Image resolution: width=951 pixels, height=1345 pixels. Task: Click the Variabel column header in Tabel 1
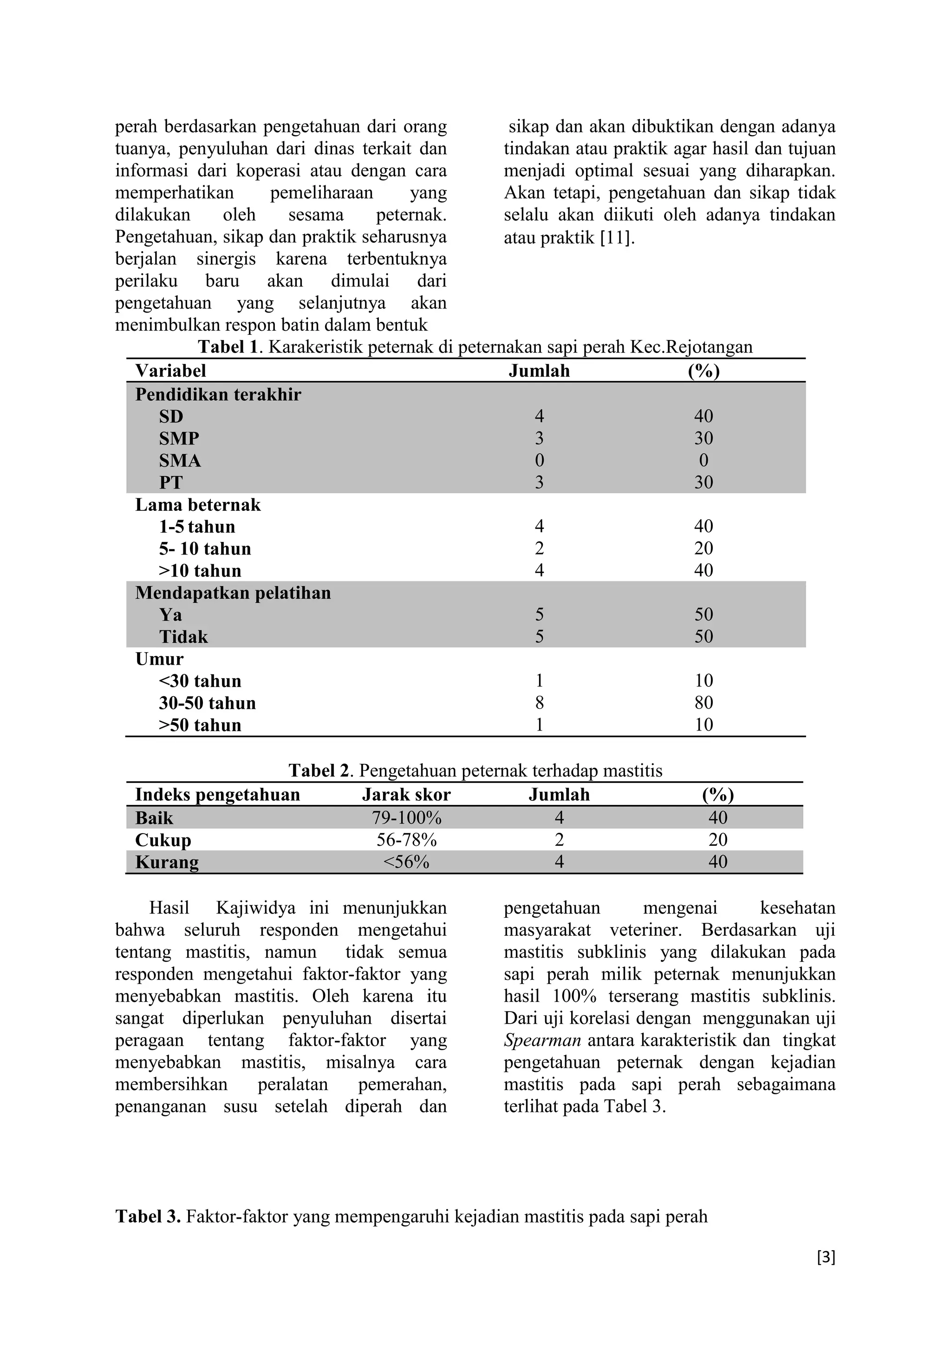click(170, 371)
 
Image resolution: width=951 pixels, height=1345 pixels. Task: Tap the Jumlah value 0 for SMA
click(539, 460)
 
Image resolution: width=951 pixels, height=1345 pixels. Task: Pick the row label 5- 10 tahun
click(204, 549)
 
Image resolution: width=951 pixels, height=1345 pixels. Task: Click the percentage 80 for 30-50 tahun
click(703, 703)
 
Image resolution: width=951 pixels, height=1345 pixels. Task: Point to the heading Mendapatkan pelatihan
click(233, 593)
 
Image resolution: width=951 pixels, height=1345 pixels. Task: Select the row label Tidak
click(183, 637)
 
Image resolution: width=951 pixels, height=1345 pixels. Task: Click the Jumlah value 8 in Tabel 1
click(539, 703)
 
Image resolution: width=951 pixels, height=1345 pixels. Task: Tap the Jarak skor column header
click(406, 795)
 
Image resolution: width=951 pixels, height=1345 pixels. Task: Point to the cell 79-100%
click(406, 818)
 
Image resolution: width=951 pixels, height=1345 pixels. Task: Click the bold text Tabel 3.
click(148, 1217)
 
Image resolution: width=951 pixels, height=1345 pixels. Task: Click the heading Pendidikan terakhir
click(218, 395)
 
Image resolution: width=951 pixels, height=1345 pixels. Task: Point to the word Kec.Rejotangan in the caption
click(690, 347)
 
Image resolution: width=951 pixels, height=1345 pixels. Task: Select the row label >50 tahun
click(200, 725)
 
